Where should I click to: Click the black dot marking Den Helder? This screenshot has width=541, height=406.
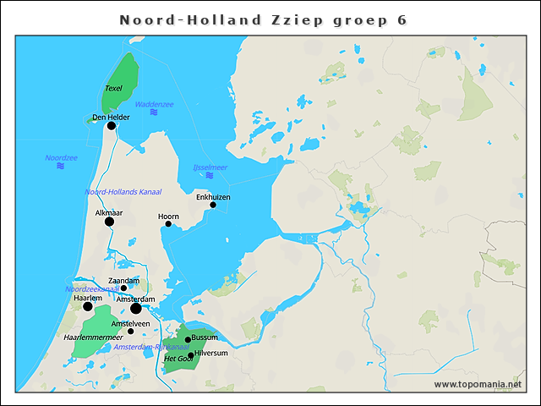tap(111, 125)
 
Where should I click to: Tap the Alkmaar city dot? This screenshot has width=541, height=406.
tap(109, 222)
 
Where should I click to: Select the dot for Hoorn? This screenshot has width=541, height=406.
tap(168, 224)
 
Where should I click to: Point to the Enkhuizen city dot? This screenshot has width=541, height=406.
tap(213, 205)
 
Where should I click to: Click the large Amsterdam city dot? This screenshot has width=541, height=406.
tap(136, 309)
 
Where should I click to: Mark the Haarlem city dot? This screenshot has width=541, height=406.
tap(88, 306)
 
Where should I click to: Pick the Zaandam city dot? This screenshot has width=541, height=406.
tap(123, 288)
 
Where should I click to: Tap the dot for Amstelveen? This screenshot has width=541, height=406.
tap(130, 331)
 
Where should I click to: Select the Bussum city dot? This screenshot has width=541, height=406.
tap(188, 339)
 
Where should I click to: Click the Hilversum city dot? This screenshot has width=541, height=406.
tap(191, 355)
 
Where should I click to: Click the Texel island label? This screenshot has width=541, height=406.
tap(114, 88)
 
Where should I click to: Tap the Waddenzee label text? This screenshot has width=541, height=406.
tap(154, 103)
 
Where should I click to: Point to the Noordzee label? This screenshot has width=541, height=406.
tap(61, 157)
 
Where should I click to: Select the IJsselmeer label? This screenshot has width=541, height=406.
tap(210, 167)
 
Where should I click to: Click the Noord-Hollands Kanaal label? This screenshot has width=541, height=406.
tap(123, 192)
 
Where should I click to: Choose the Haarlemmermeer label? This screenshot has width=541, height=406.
tap(93, 337)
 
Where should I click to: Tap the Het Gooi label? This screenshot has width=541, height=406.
tap(178, 359)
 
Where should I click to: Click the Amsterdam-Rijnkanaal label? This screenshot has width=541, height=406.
tap(151, 348)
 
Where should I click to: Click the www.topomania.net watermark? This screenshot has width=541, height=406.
tap(478, 384)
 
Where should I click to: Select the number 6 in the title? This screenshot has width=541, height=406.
tap(401, 19)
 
